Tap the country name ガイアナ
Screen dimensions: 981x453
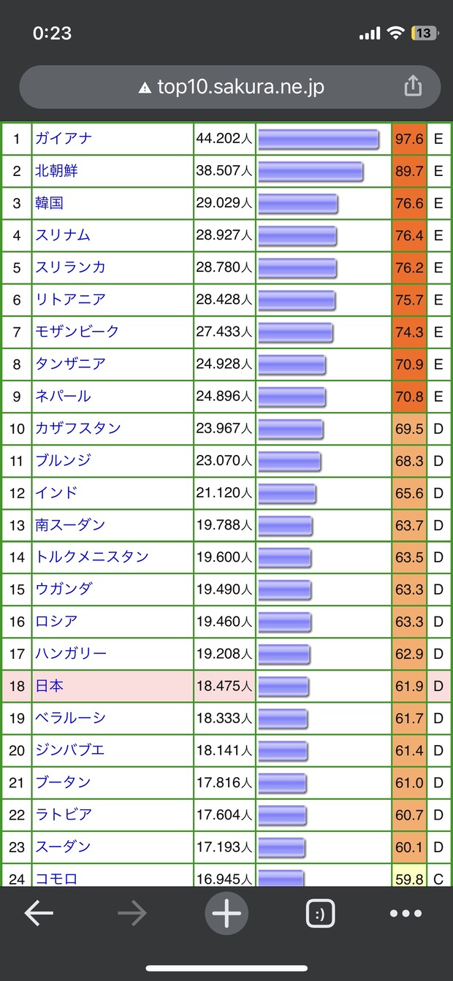tap(64, 139)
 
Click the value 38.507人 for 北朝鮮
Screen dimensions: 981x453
tap(224, 171)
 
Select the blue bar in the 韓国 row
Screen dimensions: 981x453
tap(297, 203)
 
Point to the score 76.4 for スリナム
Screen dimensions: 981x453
tap(409, 235)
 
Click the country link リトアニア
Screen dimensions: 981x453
tap(70, 299)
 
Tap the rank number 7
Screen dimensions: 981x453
tap(17, 332)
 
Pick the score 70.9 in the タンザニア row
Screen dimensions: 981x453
tap(409, 364)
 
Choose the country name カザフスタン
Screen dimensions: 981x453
tap(78, 428)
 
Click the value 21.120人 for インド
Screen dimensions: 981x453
tap(224, 492)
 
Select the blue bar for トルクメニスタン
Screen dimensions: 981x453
tap(284, 557)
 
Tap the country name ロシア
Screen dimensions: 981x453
tap(56, 621)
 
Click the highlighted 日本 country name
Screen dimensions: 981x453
tap(49, 686)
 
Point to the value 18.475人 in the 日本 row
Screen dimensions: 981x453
tap(224, 686)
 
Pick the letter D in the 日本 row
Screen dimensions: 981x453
tap(438, 686)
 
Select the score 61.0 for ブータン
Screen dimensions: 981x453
tap(409, 782)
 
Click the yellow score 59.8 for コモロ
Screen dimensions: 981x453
tap(409, 879)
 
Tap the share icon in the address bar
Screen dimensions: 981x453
tap(413, 87)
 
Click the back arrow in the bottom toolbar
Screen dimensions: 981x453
tap(39, 913)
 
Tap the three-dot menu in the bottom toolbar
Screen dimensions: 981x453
tap(406, 913)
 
